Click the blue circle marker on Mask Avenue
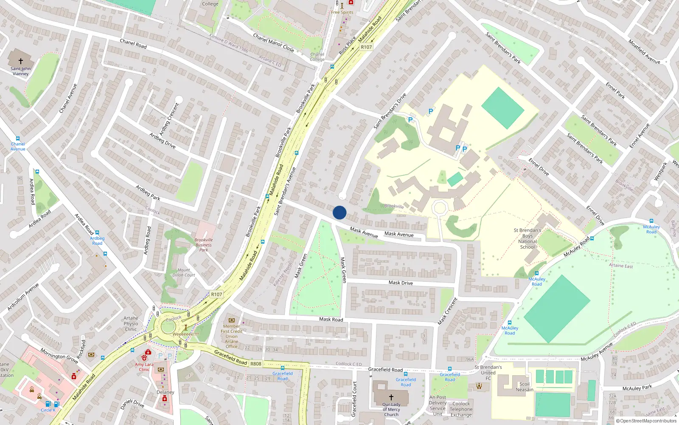(x=339, y=212)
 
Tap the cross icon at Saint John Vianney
(x=20, y=61)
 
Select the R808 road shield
(x=256, y=364)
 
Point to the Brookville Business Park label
(x=204, y=245)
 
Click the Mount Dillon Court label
(x=184, y=272)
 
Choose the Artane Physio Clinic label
(x=131, y=323)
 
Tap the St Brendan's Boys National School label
(x=527, y=238)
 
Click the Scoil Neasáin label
(x=525, y=387)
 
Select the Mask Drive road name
(x=401, y=283)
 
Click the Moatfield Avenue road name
(x=644, y=52)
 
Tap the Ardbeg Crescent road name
(x=169, y=119)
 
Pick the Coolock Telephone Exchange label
(x=461, y=409)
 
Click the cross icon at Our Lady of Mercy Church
(x=391, y=397)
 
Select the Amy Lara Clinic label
(x=144, y=367)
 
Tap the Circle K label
(x=48, y=410)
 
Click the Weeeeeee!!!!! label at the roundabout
(x=185, y=334)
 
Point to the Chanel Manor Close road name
(x=273, y=42)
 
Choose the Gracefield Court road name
(x=355, y=399)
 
